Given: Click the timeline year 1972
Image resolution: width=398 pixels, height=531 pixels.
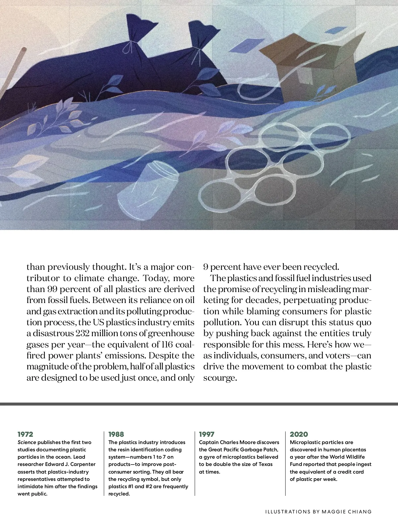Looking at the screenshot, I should point(25,434).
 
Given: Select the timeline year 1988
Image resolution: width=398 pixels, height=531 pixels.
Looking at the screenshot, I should point(116,434).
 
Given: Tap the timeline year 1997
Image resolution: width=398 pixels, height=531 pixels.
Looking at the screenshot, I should point(207,434).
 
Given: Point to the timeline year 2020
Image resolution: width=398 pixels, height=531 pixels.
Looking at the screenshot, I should point(299,434).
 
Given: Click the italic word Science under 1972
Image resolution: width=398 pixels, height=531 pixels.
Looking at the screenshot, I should point(27,442).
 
